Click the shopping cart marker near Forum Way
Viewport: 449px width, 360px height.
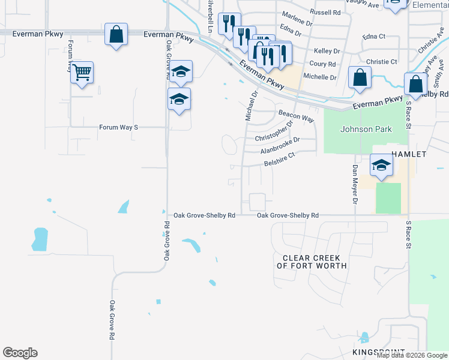pyautogui.click(x=82, y=73)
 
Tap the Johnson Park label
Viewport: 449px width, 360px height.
pyautogui.click(x=366, y=129)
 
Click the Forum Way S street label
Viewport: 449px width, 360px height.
pyautogui.click(x=119, y=127)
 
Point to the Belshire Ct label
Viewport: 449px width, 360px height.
pyautogui.click(x=280, y=160)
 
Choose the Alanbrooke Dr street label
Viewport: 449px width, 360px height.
pyautogui.click(x=280, y=143)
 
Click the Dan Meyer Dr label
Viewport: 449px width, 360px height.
pyautogui.click(x=355, y=185)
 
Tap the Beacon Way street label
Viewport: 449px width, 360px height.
pyautogui.click(x=297, y=116)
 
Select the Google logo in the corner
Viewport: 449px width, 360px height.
pyautogui.click(x=20, y=353)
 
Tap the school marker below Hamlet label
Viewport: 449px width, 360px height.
pyautogui.click(x=381, y=166)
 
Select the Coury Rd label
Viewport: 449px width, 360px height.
pyautogui.click(x=322, y=64)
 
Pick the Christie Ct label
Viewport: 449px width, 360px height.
pyautogui.click(x=381, y=62)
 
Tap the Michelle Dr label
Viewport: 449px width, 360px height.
pyautogui.click(x=320, y=77)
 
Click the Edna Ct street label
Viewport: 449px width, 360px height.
pyautogui.click(x=374, y=37)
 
